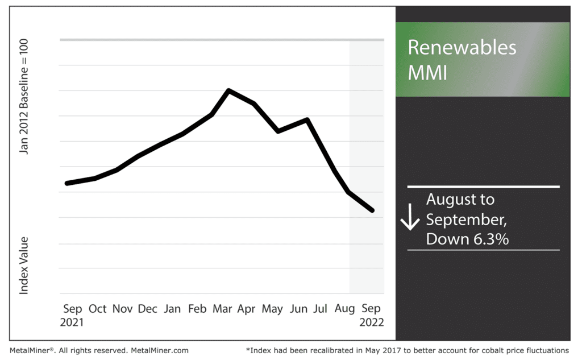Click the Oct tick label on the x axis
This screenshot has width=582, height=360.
click(x=97, y=309)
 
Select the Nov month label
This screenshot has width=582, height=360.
click(x=122, y=309)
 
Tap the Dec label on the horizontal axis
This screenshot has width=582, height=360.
click(x=147, y=309)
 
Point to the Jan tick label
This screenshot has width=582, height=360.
click(x=172, y=309)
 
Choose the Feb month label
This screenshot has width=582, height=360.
click(x=197, y=309)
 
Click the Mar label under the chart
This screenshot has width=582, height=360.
click(x=222, y=309)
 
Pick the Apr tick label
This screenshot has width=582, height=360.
click(x=247, y=309)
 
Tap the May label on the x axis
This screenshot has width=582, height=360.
click(x=272, y=309)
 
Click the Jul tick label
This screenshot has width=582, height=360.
click(x=321, y=309)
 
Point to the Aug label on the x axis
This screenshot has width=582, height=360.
click(x=346, y=309)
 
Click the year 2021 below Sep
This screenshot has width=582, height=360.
click(x=73, y=322)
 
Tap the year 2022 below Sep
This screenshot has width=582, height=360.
click(x=372, y=322)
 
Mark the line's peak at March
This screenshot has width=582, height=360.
click(x=228, y=90)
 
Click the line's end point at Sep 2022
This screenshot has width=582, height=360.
click(x=372, y=210)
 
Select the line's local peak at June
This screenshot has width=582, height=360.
click(x=307, y=119)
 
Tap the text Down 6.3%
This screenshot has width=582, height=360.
click(x=467, y=239)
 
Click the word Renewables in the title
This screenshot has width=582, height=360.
click(x=462, y=47)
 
